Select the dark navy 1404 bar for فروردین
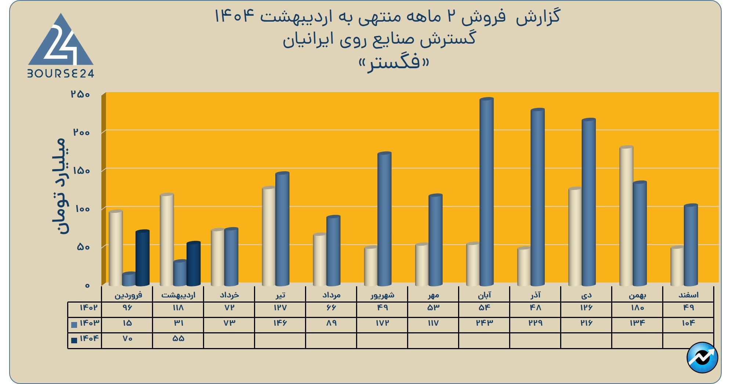tap(142, 258)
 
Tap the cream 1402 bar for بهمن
tap(626, 216)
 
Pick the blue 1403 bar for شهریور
tap(384, 219)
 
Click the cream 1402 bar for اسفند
tap(677, 267)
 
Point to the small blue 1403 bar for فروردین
tap(129, 279)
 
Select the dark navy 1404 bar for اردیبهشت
tap(193, 264)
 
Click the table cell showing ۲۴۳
tap(484, 323)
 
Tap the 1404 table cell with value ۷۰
tap(127, 339)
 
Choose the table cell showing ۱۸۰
tap(637, 308)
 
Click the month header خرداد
tap(229, 295)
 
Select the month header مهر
tap(433, 295)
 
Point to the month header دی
tap(586, 295)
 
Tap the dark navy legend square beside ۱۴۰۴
tap(74, 340)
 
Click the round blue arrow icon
tap(702, 357)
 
